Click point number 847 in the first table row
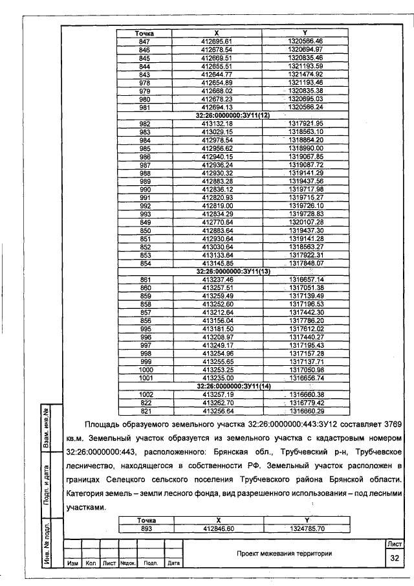pyautogui.click(x=144, y=41)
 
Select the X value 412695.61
pyautogui.click(x=216, y=41)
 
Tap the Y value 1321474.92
pyautogui.click(x=305, y=74)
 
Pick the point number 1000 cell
pyautogui.click(x=144, y=370)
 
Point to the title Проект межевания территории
pyautogui.click(x=284, y=554)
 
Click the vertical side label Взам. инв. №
pyautogui.click(x=47, y=429)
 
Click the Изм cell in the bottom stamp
pyautogui.click(x=72, y=563)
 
